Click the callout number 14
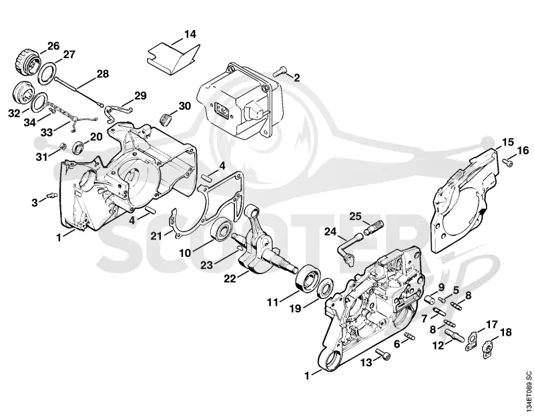pos(190,34)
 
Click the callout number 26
pos(53,46)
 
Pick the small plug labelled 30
pos(165,119)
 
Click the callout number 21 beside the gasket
pos(156,236)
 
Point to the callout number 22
pos(230,278)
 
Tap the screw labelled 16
pos(507,164)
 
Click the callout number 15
pos(508,142)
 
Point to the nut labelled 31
pos(63,146)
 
